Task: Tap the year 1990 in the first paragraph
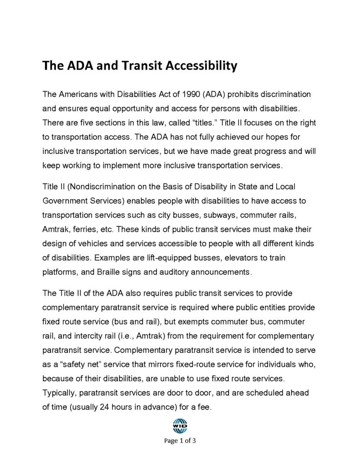[191, 95]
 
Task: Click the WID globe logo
[180, 426]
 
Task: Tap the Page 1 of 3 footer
[180, 441]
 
